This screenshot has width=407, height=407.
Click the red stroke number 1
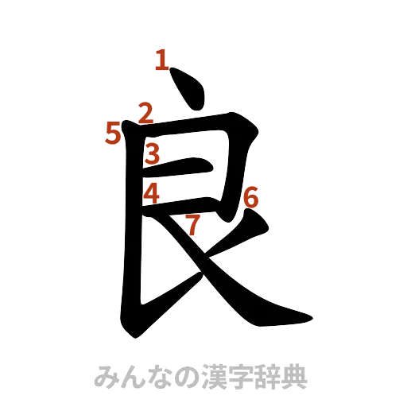[161, 60]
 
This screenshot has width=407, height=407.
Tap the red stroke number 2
[145, 114]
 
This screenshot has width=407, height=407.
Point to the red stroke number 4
[153, 192]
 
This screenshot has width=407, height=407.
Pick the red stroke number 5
[114, 134]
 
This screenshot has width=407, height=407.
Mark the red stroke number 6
[250, 196]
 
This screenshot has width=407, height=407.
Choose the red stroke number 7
[192, 225]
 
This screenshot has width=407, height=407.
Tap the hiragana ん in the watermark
[130, 377]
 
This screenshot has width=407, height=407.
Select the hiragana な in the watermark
[157, 377]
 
